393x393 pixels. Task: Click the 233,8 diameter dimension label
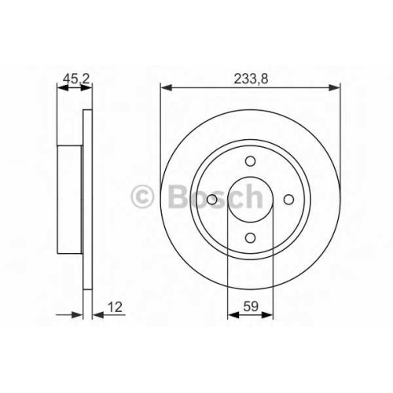251,79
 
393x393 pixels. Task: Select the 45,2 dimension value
76,79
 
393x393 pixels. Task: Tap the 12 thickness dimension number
115,307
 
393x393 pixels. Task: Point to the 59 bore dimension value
251,307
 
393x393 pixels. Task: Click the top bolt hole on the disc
251,161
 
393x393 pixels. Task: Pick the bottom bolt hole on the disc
251,238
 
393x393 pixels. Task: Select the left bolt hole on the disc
212,200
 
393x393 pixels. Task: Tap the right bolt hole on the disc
289,200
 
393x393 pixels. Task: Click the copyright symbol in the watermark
142,196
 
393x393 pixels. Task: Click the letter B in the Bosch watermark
178,196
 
